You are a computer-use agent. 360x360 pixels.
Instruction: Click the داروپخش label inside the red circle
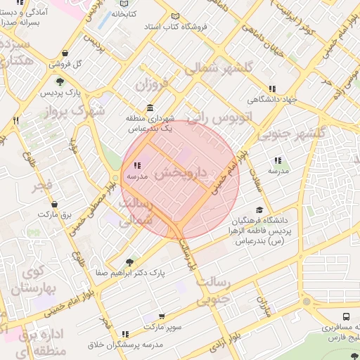pyautogui.click(x=181, y=173)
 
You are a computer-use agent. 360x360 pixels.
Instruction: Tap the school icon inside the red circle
pyautogui.click(x=136, y=165)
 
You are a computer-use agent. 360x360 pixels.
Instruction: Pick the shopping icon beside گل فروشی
pyautogui.click(x=65, y=53)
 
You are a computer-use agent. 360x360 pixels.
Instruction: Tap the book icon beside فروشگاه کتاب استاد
pyautogui.click(x=175, y=16)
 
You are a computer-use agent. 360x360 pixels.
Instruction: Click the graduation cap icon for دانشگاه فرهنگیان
pyautogui.click(x=259, y=210)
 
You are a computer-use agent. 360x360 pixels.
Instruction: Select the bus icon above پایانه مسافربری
pyautogui.click(x=347, y=317)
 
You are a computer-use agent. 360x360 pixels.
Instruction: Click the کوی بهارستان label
pyautogui.click(x=29, y=279)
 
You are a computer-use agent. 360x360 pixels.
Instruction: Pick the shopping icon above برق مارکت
pyautogui.click(x=54, y=204)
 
